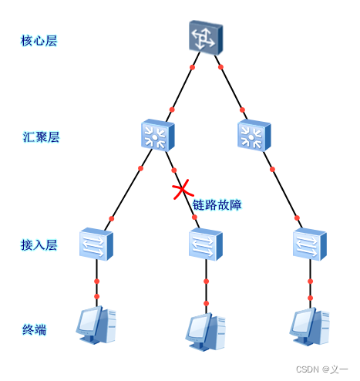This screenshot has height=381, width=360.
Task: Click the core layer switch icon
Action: pyautogui.click(x=206, y=38)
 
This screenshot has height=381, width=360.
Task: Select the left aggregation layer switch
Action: pyautogui.click(x=158, y=135)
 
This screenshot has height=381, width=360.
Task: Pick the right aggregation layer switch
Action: pyautogui.click(x=254, y=135)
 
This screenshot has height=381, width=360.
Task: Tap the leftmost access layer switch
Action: pyautogui.click(x=96, y=244)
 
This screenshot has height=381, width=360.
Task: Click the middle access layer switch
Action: pyautogui.click(x=206, y=244)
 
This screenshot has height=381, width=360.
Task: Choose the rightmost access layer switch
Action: pyautogui.click(x=310, y=244)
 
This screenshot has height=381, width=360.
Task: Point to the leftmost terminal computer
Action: pyautogui.click(x=96, y=325)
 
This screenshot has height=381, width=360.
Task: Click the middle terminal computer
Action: pyautogui.click(x=206, y=332)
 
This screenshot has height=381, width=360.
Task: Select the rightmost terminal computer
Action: pyautogui.click(x=310, y=326)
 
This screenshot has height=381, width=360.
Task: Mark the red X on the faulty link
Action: pyautogui.click(x=183, y=190)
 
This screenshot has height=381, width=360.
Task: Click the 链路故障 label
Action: pyautogui.click(x=217, y=205)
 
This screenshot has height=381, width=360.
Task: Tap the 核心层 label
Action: pyautogui.click(x=39, y=41)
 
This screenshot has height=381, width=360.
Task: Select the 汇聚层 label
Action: pyautogui.click(x=41, y=137)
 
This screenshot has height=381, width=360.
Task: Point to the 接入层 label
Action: pyautogui.click(x=39, y=244)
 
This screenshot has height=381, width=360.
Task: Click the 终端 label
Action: pyautogui.click(x=35, y=329)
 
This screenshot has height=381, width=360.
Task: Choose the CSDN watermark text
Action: pyautogui.click(x=321, y=369)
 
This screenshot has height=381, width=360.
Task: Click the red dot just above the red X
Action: pyautogui.click(x=174, y=170)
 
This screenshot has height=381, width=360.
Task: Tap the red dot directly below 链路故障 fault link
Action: pyautogui.click(x=194, y=217)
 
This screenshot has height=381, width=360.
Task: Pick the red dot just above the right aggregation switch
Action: pyautogui.click(x=242, y=110)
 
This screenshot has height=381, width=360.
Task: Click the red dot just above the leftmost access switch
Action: pyautogui.click(x=111, y=219)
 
